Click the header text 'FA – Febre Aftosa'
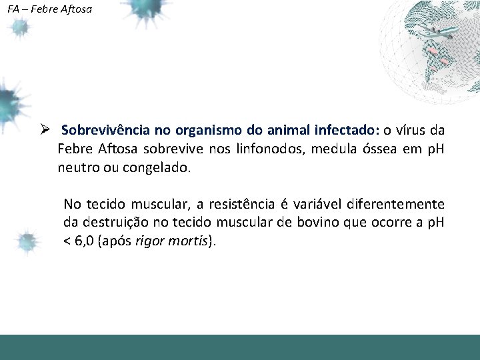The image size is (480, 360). pyautogui.click(x=50, y=10)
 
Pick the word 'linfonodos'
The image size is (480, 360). pyautogui.click(x=266, y=148)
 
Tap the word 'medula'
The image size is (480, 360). pyautogui.click(x=327, y=148)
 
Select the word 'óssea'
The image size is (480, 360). pyautogui.click(x=378, y=148)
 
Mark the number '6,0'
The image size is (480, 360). pyautogui.click(x=85, y=241)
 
